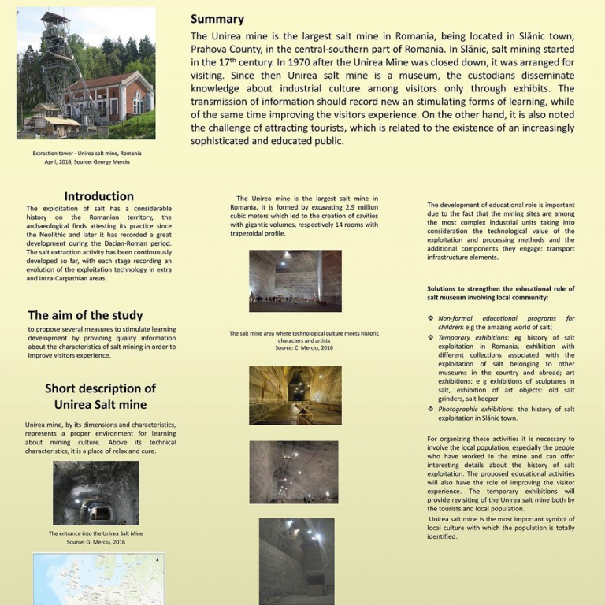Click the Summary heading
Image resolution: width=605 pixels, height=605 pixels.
coord(217,19)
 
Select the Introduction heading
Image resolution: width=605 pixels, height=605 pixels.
coord(99,196)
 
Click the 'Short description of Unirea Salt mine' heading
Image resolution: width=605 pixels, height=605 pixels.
coord(100,396)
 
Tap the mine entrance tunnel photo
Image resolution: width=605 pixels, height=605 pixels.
coord(96,493)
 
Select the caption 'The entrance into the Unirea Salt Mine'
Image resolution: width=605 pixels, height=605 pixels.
coord(96,534)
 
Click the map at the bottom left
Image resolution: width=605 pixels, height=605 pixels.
coord(96,579)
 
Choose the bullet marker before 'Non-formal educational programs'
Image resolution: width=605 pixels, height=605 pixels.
coord(430,317)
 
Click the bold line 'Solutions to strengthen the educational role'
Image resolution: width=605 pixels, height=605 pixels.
coord(500,288)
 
